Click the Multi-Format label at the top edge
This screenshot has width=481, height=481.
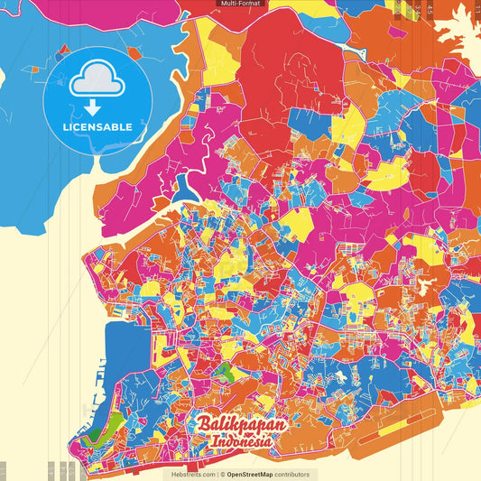pyautogui.click(x=239, y=4)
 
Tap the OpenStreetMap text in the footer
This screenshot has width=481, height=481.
pyautogui.click(x=256, y=474)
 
